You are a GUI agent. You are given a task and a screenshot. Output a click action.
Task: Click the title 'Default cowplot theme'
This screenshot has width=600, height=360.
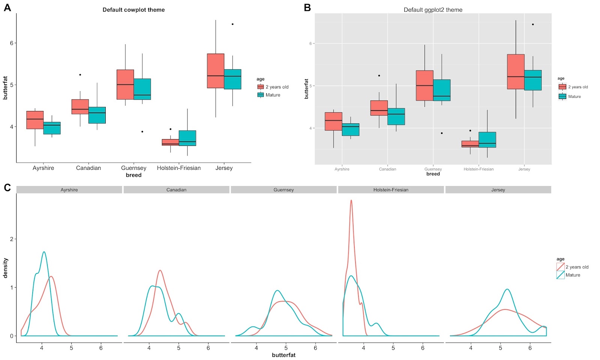pos(133,10)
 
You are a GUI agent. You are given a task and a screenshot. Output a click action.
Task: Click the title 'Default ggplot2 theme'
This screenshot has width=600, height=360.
pos(433,10)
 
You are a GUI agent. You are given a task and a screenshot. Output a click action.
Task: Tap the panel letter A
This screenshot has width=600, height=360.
pos(7,7)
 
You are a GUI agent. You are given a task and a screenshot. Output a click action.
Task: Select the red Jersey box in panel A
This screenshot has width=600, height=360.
pos(216,70)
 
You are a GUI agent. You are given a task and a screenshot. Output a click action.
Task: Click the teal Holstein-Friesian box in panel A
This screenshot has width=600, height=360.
pos(187,138)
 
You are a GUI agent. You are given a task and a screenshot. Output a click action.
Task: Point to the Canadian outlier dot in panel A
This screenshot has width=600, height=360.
pos(80,75)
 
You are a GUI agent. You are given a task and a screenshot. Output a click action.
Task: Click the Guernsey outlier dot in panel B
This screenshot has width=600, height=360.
pos(442,133)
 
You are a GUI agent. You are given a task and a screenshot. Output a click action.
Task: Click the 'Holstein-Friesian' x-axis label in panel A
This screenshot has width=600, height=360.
pos(178,168)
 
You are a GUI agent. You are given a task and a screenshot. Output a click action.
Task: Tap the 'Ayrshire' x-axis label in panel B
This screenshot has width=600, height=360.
pos(342,169)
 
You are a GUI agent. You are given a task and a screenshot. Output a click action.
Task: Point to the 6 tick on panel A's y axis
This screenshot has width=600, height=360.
pos(12,43)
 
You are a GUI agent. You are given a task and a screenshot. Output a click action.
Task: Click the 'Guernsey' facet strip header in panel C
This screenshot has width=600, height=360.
pos(283,190)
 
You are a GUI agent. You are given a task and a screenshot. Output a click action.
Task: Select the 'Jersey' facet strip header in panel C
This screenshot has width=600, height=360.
pos(498,190)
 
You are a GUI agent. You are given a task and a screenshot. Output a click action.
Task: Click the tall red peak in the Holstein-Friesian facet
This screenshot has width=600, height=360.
pos(351,201)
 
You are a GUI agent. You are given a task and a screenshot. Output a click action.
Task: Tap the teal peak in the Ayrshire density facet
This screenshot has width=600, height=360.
pos(44,252)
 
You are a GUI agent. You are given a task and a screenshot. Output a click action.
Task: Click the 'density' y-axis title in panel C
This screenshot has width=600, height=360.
pos(5,268)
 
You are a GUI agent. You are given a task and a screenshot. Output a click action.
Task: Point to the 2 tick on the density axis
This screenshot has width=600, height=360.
pos(11,239)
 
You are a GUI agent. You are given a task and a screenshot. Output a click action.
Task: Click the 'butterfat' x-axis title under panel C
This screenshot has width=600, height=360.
pos(283,355)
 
